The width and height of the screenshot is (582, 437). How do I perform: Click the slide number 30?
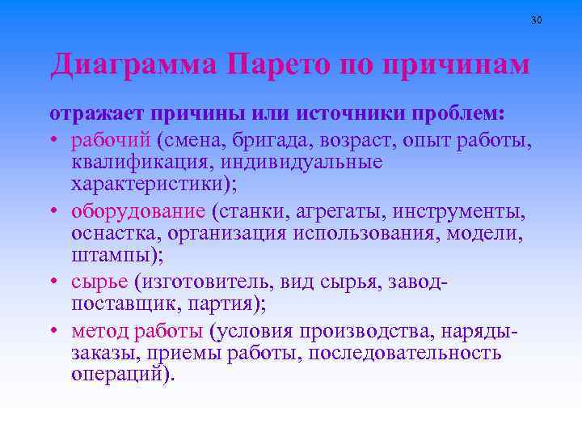(537, 19)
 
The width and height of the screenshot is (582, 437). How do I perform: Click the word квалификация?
(141, 162)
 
